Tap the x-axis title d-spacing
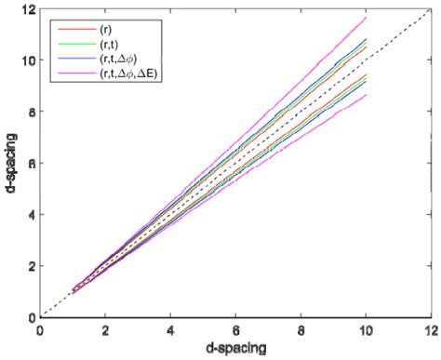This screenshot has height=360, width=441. pyautogui.click(x=235, y=348)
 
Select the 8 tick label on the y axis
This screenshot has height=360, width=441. pyautogui.click(x=30, y=112)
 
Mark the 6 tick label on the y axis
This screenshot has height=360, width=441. pyautogui.click(x=30, y=163)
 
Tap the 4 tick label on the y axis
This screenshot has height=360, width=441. pyautogui.click(x=30, y=214)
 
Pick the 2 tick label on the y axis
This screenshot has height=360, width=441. pyautogui.click(x=30, y=265)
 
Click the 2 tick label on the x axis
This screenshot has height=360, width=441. pyautogui.click(x=104, y=328)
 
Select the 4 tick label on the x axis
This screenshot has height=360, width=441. pyautogui.click(x=170, y=328)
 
